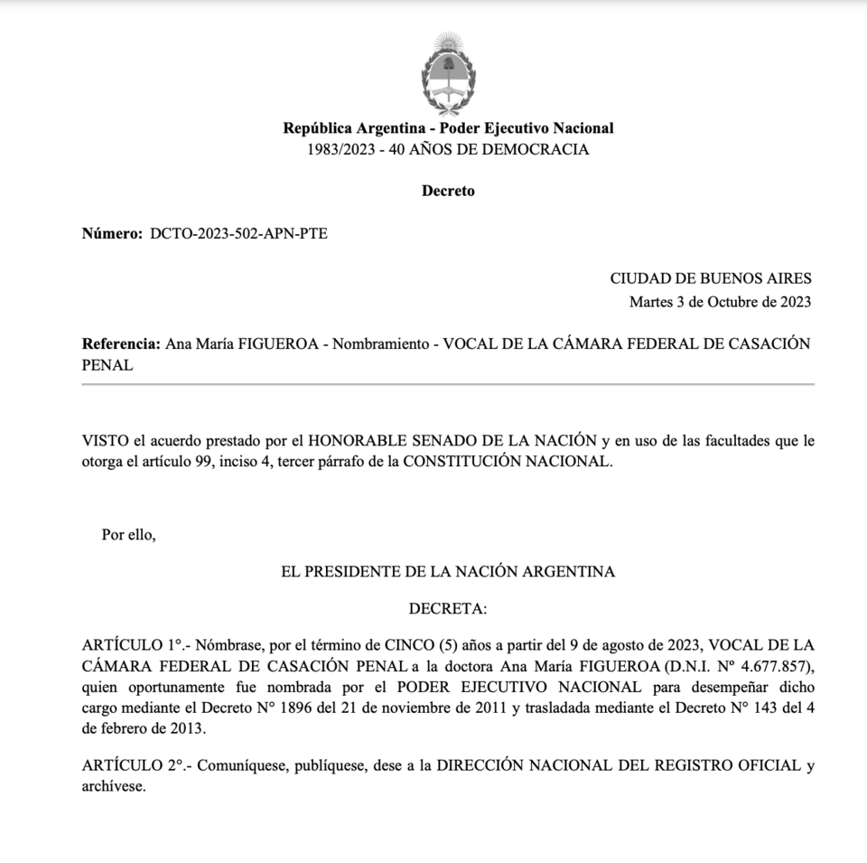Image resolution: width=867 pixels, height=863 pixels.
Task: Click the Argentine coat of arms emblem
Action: tap(448, 73)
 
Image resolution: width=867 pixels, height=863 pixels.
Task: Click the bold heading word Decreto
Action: tap(448, 191)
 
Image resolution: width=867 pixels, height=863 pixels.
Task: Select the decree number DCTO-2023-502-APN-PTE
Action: tap(238, 234)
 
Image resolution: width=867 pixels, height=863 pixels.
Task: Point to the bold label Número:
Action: tap(112, 234)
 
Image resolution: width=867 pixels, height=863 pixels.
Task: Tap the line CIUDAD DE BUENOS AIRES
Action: tap(711, 278)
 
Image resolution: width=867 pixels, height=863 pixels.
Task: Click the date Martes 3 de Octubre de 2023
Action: tap(720, 302)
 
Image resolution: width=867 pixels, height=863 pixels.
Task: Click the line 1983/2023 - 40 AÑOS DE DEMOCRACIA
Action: tap(448, 150)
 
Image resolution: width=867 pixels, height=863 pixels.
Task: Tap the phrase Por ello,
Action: tap(128, 534)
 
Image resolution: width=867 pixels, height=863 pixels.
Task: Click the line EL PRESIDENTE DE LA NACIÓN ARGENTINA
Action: tap(448, 571)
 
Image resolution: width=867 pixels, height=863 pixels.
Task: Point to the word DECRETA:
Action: tap(448, 609)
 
